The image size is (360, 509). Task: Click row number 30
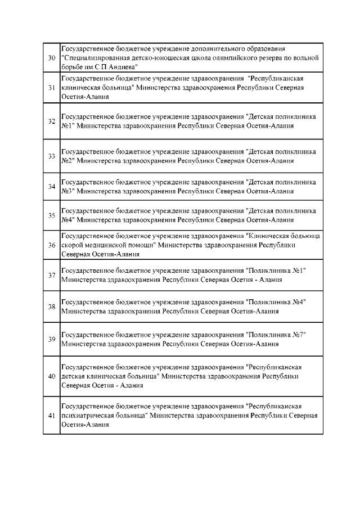tap(51, 58)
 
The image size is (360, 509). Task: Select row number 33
tap(51, 156)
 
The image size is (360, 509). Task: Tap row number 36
tap(51, 245)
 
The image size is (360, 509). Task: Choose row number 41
tap(51, 416)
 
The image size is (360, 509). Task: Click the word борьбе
tap(71, 66)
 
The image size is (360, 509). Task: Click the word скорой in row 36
tap(71, 245)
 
